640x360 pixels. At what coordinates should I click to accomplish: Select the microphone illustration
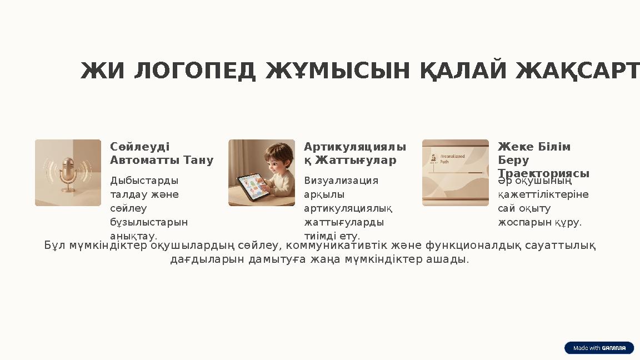[68, 173]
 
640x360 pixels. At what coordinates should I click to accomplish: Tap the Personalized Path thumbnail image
[455, 173]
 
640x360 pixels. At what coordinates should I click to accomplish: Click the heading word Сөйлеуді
[139, 147]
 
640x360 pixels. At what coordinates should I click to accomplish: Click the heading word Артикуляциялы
[354, 147]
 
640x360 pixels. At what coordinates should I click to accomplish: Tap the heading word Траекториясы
[543, 173]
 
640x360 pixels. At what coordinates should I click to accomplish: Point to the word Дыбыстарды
[144, 181]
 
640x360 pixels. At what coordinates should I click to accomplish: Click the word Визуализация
[341, 181]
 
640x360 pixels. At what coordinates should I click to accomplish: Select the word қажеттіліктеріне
[543, 194]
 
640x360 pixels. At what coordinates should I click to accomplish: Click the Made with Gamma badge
[599, 348]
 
